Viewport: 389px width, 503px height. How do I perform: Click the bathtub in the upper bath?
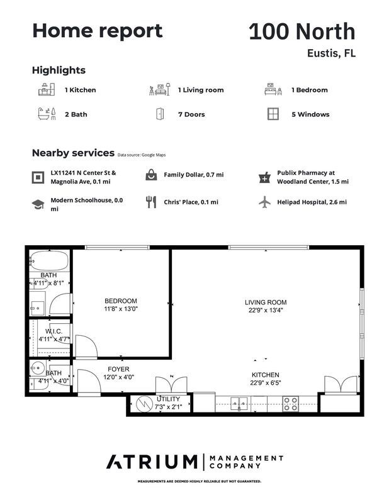[x=49, y=260]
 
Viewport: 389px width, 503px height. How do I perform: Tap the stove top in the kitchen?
[x=290, y=404]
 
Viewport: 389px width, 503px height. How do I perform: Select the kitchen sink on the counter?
[x=239, y=404]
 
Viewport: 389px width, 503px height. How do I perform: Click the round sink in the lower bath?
[x=37, y=368]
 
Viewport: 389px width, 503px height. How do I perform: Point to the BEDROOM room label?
[x=121, y=301]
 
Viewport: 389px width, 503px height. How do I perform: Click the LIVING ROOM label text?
[x=266, y=302]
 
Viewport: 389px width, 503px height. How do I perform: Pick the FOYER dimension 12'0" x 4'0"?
[x=118, y=377]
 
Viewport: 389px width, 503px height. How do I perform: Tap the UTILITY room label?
[x=168, y=399]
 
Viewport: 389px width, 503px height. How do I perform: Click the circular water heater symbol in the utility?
[x=144, y=404]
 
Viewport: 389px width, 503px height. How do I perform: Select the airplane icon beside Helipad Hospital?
[x=265, y=202]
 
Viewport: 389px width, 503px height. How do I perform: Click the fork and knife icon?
[x=151, y=202]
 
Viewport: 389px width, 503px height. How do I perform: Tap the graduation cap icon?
[x=38, y=204]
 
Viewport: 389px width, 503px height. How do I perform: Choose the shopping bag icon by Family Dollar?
[x=151, y=175]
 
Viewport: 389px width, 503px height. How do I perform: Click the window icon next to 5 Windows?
[x=273, y=114]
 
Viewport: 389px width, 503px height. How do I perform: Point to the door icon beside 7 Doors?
[x=160, y=114]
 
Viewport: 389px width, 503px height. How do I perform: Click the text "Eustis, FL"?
[x=332, y=53]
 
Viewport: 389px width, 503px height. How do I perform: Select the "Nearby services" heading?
[x=73, y=153]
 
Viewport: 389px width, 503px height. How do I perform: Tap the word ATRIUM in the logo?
[x=152, y=462]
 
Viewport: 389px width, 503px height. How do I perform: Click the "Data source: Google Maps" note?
[x=142, y=155]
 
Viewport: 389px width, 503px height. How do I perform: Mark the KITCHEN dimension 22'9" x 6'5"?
[x=266, y=383]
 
